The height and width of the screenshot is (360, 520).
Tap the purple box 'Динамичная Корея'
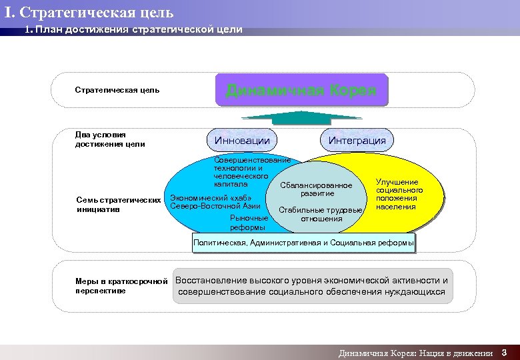tap(301, 91)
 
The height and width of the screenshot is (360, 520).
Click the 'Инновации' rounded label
tap(242, 140)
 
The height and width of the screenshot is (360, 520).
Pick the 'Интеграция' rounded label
tap(357, 140)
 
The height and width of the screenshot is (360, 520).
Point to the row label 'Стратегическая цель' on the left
tap(117, 90)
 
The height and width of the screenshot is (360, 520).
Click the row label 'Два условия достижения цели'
tap(110, 139)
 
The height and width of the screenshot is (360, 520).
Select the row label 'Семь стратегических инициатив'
tap(119, 205)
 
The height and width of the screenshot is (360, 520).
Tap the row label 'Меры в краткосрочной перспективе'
tap(121, 285)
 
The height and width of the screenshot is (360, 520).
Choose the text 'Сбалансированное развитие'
tap(317, 189)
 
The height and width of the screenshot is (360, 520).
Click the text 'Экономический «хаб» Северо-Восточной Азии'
tap(211, 202)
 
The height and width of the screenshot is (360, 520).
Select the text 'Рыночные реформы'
tap(247, 223)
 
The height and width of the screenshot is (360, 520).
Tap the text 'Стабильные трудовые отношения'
tap(321, 214)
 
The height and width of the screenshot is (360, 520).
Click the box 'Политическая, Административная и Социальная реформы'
tap(303, 243)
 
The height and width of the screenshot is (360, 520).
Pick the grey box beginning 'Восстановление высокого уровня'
tap(312, 286)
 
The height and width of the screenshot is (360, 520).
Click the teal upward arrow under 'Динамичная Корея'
tap(301, 117)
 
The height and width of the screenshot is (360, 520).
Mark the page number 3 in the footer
tap(505, 352)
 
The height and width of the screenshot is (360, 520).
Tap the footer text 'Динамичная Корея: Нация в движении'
tap(415, 353)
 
